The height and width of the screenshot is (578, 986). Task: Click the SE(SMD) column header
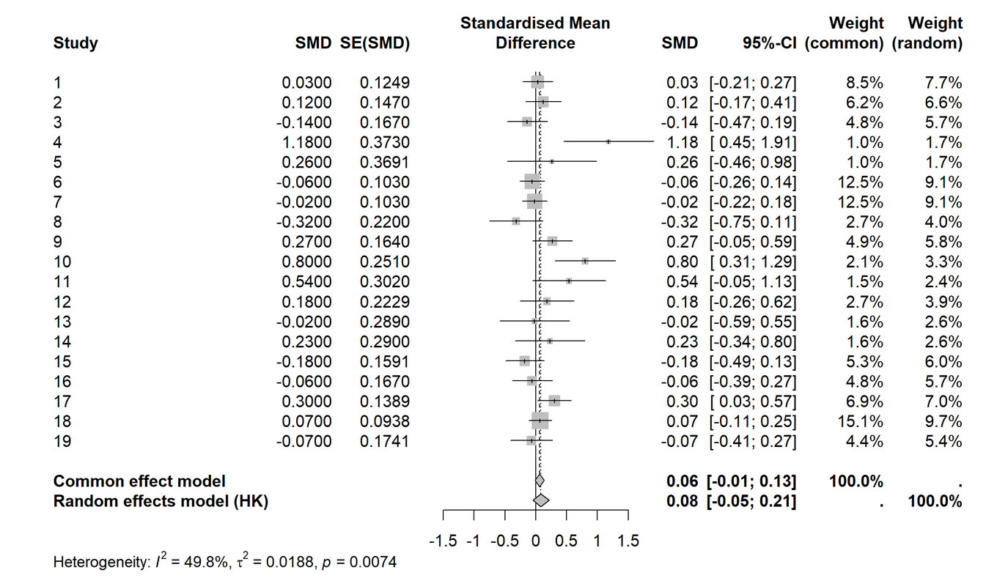tap(375, 43)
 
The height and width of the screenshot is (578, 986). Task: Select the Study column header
tap(76, 43)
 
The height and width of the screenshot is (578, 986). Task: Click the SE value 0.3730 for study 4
tap(385, 142)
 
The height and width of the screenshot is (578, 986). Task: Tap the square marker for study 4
tap(608, 141)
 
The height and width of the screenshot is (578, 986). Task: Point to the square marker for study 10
tap(585, 261)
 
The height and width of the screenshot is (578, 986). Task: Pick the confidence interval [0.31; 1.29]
tap(753, 262)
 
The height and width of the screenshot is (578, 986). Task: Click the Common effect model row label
tap(139, 481)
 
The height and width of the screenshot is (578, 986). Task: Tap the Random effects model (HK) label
tap(161, 501)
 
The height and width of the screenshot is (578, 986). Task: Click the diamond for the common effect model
tap(540, 481)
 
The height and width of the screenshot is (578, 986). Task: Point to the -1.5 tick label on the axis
tap(444, 541)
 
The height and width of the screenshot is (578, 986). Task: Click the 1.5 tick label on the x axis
tap(628, 541)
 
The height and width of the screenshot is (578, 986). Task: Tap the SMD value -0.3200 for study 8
tap(306, 222)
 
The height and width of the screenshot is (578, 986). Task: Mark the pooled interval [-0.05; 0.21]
tap(751, 501)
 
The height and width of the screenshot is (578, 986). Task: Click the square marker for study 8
tap(516, 221)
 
